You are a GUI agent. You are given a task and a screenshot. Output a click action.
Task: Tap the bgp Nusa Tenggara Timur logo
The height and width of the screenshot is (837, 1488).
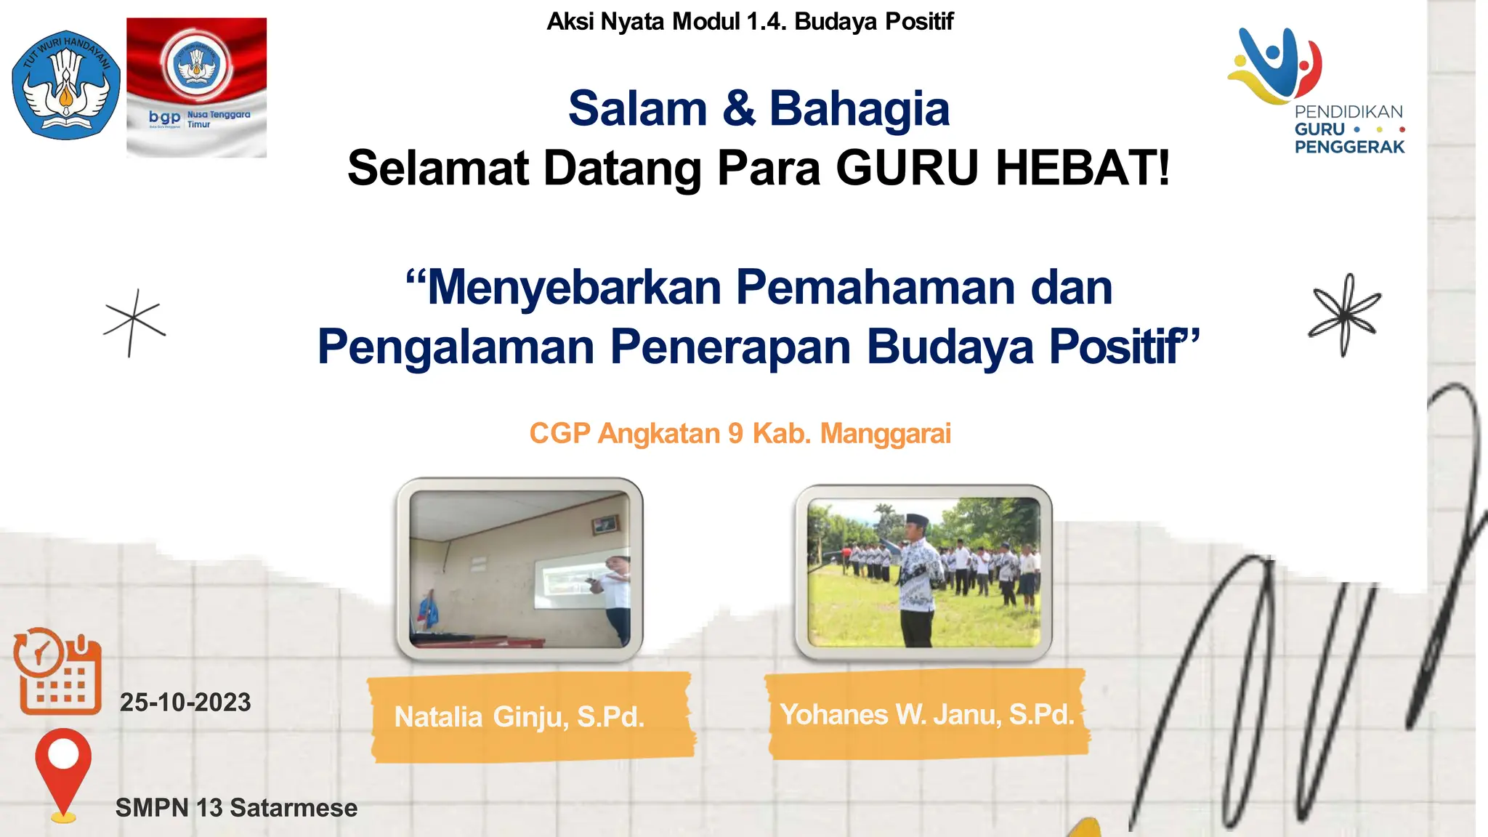(x=196, y=87)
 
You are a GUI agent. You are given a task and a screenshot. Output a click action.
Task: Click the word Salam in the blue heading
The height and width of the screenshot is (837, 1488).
(x=637, y=109)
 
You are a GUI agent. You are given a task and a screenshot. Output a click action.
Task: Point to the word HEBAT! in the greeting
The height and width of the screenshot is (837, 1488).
(x=1083, y=169)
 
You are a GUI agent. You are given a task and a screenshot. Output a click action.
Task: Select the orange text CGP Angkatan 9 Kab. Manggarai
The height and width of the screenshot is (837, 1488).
(x=740, y=434)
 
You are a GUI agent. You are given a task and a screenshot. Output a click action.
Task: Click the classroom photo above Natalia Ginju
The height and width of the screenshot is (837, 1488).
(x=519, y=569)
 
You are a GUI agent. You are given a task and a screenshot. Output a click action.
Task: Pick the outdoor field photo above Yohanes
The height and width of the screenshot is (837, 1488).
(x=923, y=573)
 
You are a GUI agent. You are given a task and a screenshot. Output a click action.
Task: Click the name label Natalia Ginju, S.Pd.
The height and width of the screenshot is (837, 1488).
(x=519, y=717)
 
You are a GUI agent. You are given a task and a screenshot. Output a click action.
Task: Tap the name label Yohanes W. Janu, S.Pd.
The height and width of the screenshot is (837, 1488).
(x=926, y=715)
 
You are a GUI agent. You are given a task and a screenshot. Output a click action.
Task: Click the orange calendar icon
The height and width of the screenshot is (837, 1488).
(x=57, y=672)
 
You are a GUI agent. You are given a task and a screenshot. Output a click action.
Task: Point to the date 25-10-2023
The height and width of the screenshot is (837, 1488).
(x=185, y=703)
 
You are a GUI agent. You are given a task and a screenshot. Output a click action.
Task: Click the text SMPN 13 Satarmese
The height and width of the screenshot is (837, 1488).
(x=236, y=808)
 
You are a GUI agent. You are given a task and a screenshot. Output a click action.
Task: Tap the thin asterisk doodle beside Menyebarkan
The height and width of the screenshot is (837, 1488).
(x=134, y=323)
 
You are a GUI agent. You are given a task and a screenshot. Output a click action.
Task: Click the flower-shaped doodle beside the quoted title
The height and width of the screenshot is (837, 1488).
(x=1344, y=315)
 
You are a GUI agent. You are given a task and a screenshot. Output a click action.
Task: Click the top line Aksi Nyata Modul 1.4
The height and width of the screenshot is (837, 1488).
(x=750, y=22)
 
